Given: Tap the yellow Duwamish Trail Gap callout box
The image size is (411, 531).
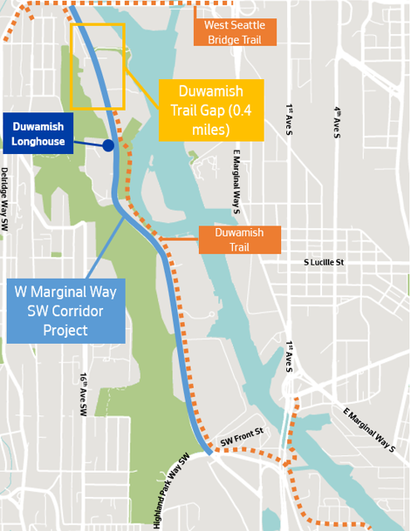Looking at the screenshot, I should point(211,110).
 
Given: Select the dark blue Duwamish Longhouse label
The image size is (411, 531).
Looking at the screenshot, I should point(38,133).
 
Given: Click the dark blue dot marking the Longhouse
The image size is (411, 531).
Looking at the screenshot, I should point(108,146).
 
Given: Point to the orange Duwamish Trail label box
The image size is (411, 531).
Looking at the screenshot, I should point(240,240).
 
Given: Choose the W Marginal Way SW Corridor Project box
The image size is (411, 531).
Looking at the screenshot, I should point(66,311).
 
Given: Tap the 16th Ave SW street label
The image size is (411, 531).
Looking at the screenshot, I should point(84,389).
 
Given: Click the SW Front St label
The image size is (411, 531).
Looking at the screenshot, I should point(241,432).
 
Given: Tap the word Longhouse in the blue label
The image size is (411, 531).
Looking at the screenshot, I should point(38,141).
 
